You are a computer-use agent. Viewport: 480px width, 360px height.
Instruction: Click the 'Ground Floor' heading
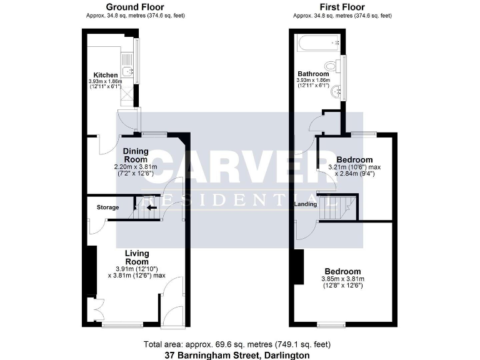coord(135,7)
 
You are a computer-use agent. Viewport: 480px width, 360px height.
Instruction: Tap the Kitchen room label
coord(106,75)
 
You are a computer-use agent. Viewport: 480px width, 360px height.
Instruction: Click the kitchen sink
coord(126,71)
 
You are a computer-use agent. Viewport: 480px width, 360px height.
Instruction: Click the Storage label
coord(107,207)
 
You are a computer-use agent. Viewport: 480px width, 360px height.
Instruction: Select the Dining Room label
coord(135,155)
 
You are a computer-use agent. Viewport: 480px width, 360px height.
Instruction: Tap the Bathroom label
coord(313,74)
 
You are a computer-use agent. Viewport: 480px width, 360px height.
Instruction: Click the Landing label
coord(306,203)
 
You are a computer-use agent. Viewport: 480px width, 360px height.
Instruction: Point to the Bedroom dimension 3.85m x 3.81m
coord(342,279)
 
